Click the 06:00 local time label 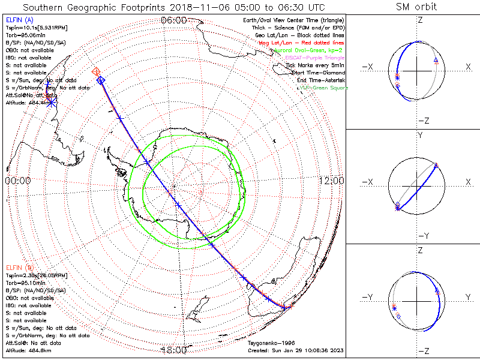click(174, 20)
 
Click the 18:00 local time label click(174, 350)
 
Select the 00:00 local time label click(17, 181)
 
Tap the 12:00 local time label click(331, 181)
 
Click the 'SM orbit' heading click(416, 7)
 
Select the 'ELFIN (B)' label click(19, 267)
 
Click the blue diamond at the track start click(101, 80)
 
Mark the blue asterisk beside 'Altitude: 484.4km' click(52, 103)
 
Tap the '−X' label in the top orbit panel click(369, 67)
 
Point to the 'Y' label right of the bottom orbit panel click(467, 298)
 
